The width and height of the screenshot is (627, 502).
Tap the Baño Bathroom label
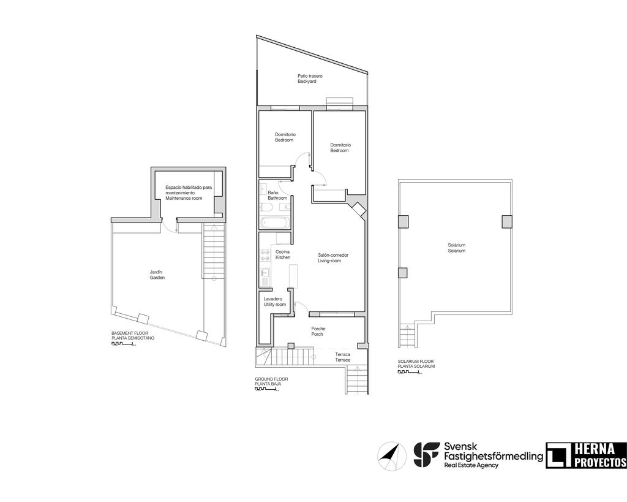[277, 196]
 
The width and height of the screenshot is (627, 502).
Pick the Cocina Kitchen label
[283, 254]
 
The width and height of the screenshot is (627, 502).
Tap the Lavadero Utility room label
[275, 302]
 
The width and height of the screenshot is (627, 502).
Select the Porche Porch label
[318, 331]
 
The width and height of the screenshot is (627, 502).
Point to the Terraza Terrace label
[343, 357]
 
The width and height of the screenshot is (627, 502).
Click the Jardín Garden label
[157, 275]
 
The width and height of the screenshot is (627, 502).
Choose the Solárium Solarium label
[456, 248]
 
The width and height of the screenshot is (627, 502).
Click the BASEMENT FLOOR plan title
[133, 336]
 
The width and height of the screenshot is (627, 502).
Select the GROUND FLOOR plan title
[271, 381]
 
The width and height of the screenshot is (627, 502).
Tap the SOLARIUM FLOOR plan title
[416, 363]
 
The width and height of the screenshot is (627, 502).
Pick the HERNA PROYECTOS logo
[586, 455]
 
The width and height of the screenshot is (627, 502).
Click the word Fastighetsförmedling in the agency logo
[493, 456]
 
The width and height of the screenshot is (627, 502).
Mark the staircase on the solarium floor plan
[407, 335]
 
